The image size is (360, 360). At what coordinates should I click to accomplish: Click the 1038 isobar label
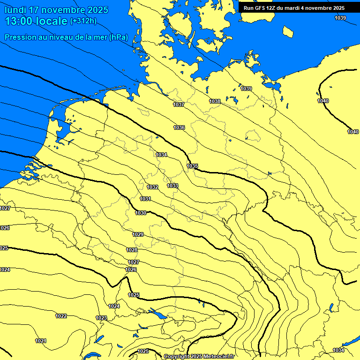coord(215,101)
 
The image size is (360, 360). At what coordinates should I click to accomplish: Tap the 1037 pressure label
coord(179,105)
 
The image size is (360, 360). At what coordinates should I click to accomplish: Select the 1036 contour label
coord(179,127)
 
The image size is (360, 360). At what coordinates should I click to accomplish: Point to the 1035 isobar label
coord(192,166)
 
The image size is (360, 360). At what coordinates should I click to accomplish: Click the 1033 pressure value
coord(172,186)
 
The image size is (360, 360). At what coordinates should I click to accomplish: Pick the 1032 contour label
coord(152,187)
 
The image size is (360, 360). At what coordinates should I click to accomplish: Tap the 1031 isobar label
coord(145,199)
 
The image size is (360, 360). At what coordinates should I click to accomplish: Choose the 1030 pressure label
coord(141,213)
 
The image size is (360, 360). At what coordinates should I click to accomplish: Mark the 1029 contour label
coord(138,234)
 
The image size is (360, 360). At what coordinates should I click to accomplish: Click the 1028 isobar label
coord(132,250)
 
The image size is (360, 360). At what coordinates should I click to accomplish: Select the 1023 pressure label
coord(101,318)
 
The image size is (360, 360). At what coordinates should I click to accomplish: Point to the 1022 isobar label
coord(61,316)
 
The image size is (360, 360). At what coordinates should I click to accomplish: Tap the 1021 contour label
coord(41,341)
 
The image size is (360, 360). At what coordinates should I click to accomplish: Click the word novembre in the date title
coord(63,10)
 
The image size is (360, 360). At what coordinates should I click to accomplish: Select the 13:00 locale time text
coord(36,21)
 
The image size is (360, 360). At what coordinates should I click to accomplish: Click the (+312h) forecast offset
coord(83,21)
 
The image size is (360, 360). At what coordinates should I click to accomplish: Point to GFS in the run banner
coord(261,8)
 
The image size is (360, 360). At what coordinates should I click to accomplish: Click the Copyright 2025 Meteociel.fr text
coord(199,357)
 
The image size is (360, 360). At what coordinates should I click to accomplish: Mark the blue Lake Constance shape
coord(158,314)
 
